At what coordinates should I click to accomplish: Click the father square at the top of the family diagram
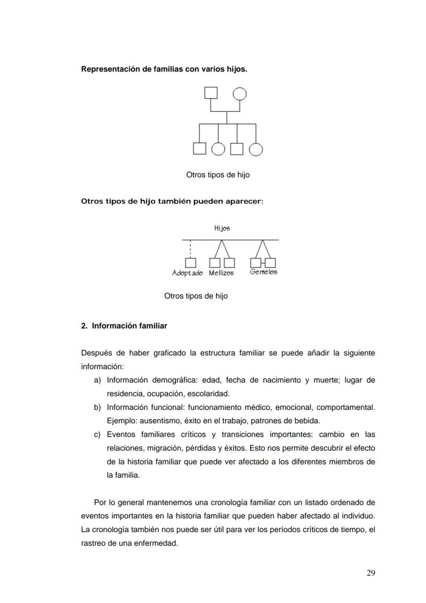(211, 93)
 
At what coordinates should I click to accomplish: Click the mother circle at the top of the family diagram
(239, 94)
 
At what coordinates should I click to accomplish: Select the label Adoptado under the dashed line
(187, 273)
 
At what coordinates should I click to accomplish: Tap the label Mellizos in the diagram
(221, 273)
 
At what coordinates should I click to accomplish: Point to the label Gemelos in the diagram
(263, 272)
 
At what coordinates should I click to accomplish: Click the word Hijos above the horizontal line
(222, 228)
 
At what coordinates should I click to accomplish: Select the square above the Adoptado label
(190, 263)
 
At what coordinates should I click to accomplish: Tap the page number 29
(370, 573)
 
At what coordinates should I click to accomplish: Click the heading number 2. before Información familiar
(84, 326)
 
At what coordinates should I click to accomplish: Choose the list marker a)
(97, 380)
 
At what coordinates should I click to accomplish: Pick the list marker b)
(97, 407)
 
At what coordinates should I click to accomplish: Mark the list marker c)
(97, 435)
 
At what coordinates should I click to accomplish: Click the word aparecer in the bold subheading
(246, 201)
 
